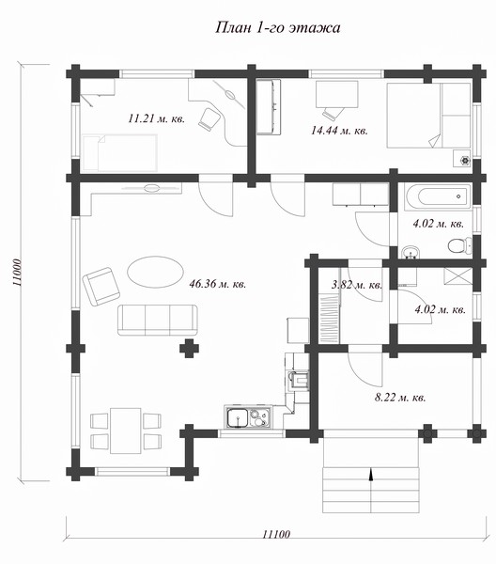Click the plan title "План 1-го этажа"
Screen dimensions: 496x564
(x=277, y=27)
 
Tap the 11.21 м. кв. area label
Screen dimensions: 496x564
(x=157, y=118)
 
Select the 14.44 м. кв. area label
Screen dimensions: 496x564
(x=339, y=131)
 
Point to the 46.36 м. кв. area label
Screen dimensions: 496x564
(x=218, y=284)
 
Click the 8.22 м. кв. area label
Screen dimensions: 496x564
(x=400, y=398)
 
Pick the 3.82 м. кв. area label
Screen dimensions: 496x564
(x=357, y=285)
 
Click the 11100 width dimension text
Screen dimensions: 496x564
(x=275, y=534)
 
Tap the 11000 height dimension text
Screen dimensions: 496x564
(x=17, y=273)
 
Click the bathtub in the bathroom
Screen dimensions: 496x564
(x=437, y=196)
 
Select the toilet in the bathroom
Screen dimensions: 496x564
(x=460, y=246)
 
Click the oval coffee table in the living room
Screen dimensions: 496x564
(x=155, y=272)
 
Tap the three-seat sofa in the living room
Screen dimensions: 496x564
(x=158, y=321)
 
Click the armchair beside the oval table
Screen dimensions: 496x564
(x=101, y=287)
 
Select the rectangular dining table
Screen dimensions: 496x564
(x=126, y=431)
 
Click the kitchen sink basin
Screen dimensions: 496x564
(x=238, y=418)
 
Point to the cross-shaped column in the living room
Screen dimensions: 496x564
(x=189, y=348)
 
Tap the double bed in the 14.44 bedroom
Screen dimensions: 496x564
(x=428, y=116)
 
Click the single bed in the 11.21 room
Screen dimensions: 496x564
(x=120, y=152)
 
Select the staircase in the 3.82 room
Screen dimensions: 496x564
(x=329, y=318)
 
